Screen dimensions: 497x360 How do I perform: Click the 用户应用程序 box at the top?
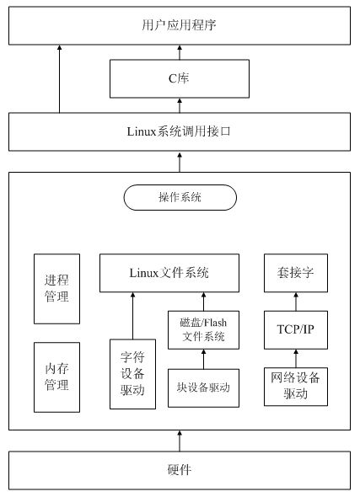coord(180,25)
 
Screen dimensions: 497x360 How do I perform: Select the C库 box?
coord(180,79)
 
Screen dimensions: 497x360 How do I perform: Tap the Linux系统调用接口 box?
coord(180,131)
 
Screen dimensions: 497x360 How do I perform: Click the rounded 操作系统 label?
coord(180,197)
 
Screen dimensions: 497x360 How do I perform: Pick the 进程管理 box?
coord(56,288)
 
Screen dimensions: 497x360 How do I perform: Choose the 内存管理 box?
coord(56,377)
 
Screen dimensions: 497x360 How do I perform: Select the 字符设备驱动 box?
coord(133,373)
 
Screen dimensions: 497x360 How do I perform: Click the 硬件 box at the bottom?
coord(180,469)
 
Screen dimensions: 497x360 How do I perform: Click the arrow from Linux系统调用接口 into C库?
coord(180,105)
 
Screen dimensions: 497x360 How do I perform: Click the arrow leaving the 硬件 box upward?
coord(180,441)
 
